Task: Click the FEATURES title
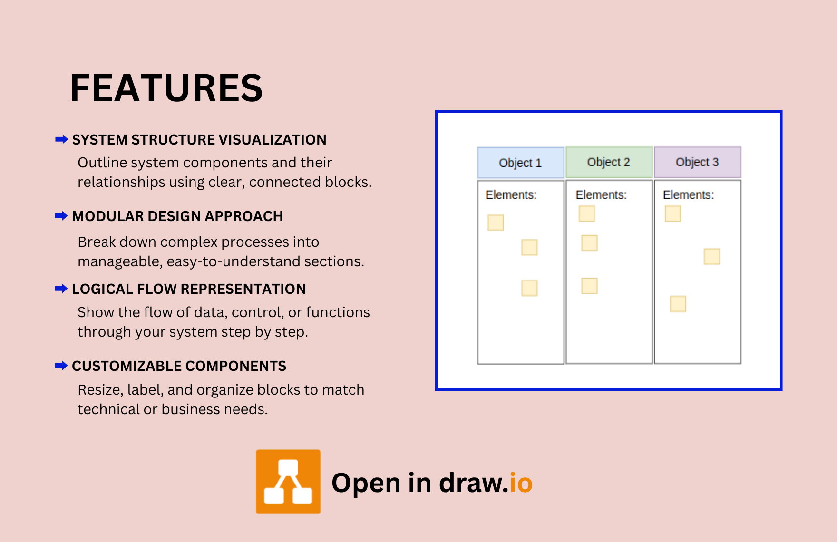(166, 88)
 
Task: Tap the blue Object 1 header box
(520, 163)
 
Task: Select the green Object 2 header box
(609, 162)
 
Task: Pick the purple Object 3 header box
(697, 162)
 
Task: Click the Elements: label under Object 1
(511, 195)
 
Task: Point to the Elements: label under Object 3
(688, 195)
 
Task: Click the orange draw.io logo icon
(288, 482)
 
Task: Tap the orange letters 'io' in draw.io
(521, 483)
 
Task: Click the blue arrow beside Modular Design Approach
(61, 216)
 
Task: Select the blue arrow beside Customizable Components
(61, 366)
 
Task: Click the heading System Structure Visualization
(199, 140)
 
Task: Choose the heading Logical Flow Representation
(189, 289)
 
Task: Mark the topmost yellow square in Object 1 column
(496, 223)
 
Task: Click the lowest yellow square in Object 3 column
(678, 304)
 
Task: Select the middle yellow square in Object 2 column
(590, 243)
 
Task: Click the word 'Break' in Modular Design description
(97, 242)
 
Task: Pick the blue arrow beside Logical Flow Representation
(61, 289)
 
